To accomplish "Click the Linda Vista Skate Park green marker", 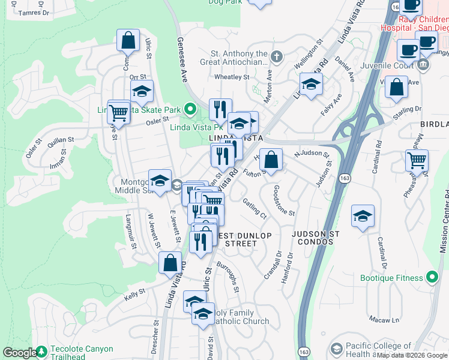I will pyautogui.click(x=190, y=109).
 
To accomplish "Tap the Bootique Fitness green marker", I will pyautogui.click(x=432, y=277).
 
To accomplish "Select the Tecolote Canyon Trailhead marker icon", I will pyautogui.click(x=41, y=351).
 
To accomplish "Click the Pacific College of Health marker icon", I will pyautogui.click(x=336, y=349).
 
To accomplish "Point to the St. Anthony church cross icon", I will pyautogui.click(x=276, y=57).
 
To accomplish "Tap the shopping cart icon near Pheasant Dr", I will pyautogui.click(x=417, y=160).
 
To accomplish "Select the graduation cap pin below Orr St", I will pyautogui.click(x=142, y=91).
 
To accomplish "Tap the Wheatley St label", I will pyautogui.click(x=232, y=77).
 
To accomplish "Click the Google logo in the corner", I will pyautogui.click(x=19, y=353).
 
